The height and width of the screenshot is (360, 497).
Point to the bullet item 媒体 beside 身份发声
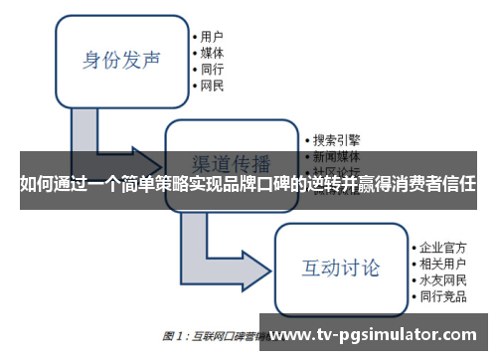tap(212, 51)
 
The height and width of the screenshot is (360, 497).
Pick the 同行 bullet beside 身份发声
tap(212, 69)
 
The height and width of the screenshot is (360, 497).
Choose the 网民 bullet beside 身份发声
tap(212, 87)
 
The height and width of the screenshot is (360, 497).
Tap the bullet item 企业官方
tap(442, 246)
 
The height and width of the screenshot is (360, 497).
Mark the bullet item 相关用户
tap(442, 263)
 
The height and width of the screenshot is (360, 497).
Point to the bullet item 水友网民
tap(442, 280)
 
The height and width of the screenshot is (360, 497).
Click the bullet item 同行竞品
tap(442, 297)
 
